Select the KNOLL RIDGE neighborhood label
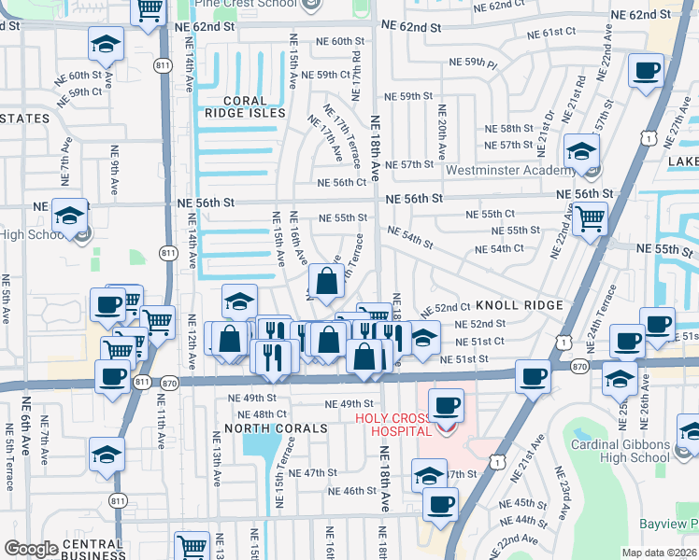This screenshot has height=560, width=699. [x=520, y=305]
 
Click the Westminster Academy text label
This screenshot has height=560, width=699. [x=509, y=170]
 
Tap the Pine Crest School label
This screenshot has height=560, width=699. [x=247, y=4]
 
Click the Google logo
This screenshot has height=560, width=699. [x=31, y=549]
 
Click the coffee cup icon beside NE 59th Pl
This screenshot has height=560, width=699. [x=646, y=71]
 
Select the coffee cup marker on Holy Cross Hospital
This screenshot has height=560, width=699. [x=447, y=406]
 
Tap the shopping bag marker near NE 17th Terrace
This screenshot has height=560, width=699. [x=325, y=281]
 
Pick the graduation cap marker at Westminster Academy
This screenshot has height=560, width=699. [x=581, y=150]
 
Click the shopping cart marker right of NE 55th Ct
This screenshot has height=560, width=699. [x=590, y=219]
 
